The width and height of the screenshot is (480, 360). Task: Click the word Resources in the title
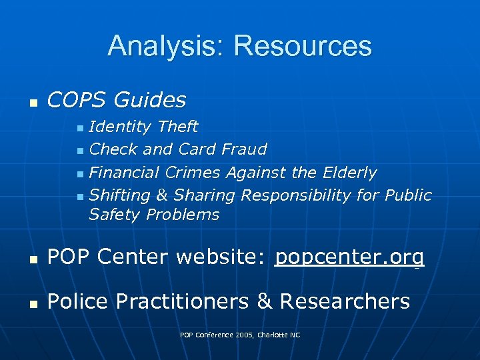click(303, 46)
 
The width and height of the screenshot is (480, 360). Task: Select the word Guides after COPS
click(150, 100)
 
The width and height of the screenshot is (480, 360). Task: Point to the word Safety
click(114, 215)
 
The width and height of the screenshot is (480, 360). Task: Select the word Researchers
click(345, 301)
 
